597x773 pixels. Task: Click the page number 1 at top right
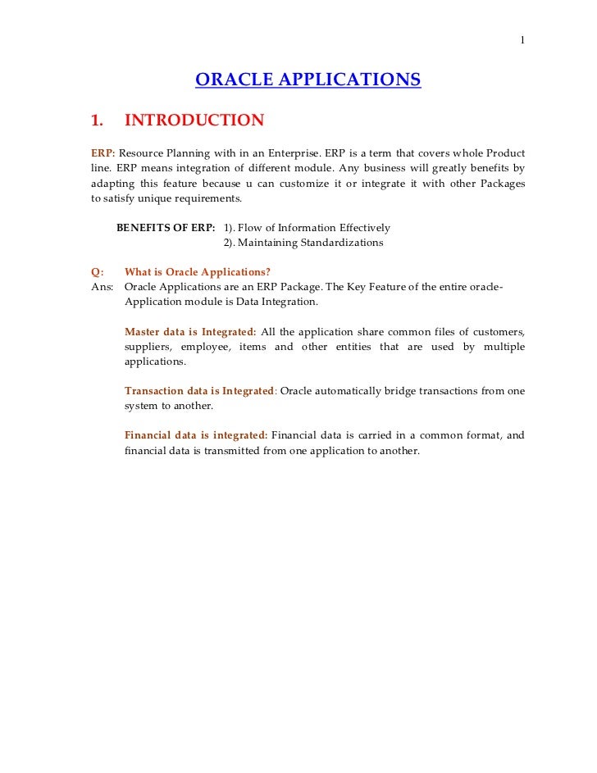pyautogui.click(x=522, y=41)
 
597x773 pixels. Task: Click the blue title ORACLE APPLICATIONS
pyautogui.click(x=308, y=80)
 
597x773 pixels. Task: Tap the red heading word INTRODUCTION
pyautogui.click(x=194, y=120)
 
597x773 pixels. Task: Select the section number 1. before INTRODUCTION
pyautogui.click(x=97, y=120)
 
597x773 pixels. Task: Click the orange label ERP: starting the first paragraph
pyautogui.click(x=103, y=154)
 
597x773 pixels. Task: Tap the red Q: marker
pyautogui.click(x=97, y=272)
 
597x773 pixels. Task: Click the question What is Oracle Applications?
pyautogui.click(x=198, y=272)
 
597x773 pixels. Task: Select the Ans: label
pyautogui.click(x=102, y=287)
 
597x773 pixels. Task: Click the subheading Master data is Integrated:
pyautogui.click(x=190, y=332)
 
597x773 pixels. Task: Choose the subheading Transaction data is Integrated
pyautogui.click(x=199, y=391)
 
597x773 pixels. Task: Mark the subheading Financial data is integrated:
pyautogui.click(x=195, y=435)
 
